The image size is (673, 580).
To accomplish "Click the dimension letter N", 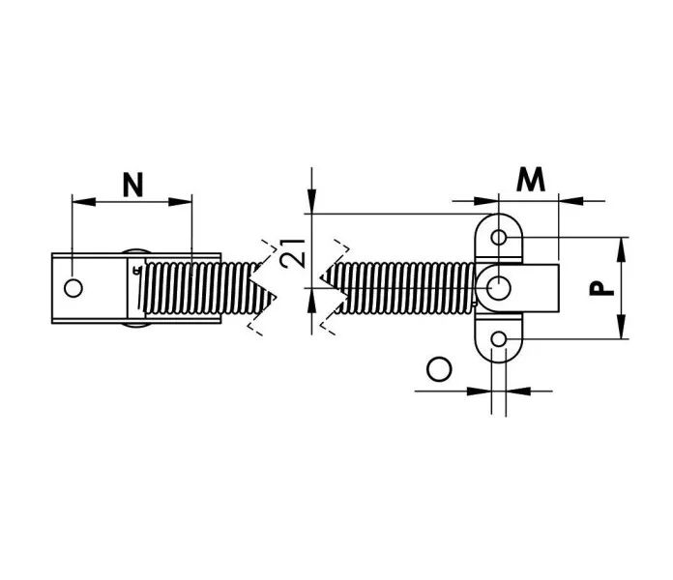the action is point(132,185).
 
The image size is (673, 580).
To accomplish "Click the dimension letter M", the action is point(531,179).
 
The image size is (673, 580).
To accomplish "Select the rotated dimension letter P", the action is point(601,288).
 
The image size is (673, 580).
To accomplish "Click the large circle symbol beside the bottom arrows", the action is point(439,369).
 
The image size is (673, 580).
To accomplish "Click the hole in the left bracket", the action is point(73,288).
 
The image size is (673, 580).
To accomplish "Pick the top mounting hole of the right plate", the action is point(499,237).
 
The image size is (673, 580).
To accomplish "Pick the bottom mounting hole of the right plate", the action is point(499,339).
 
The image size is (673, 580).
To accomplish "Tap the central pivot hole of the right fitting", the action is point(499,287).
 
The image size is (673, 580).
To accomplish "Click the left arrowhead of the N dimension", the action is point(84,202).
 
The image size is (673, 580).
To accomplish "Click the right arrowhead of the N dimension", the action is point(180,202).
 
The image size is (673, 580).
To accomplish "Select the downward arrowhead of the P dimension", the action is point(621,327).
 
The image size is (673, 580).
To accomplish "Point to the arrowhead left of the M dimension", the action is point(486,200).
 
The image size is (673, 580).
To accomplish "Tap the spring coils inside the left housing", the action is point(184,287).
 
